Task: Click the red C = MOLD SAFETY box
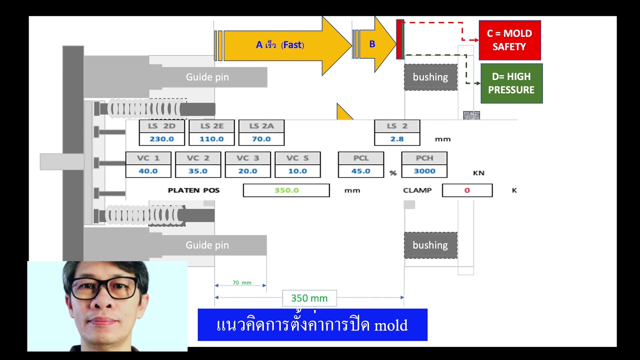tap(509, 40)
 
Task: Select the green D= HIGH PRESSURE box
tap(511, 83)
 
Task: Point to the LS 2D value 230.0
tap(161, 139)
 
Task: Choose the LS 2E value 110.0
tap(211, 139)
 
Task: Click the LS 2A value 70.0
tap(261, 139)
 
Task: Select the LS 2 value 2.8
tap(397, 139)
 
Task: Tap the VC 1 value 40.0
tap(148, 171)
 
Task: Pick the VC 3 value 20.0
tap(247, 171)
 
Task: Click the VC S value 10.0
tap(297, 171)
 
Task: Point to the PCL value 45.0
tap(360, 171)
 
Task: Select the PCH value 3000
tap(424, 171)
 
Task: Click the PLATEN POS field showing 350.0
tap(286, 190)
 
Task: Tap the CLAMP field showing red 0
tap(467, 190)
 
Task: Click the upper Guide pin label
tap(207, 77)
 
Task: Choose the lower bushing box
tap(430, 245)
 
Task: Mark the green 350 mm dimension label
tap(309, 298)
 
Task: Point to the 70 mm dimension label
tap(241, 283)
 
